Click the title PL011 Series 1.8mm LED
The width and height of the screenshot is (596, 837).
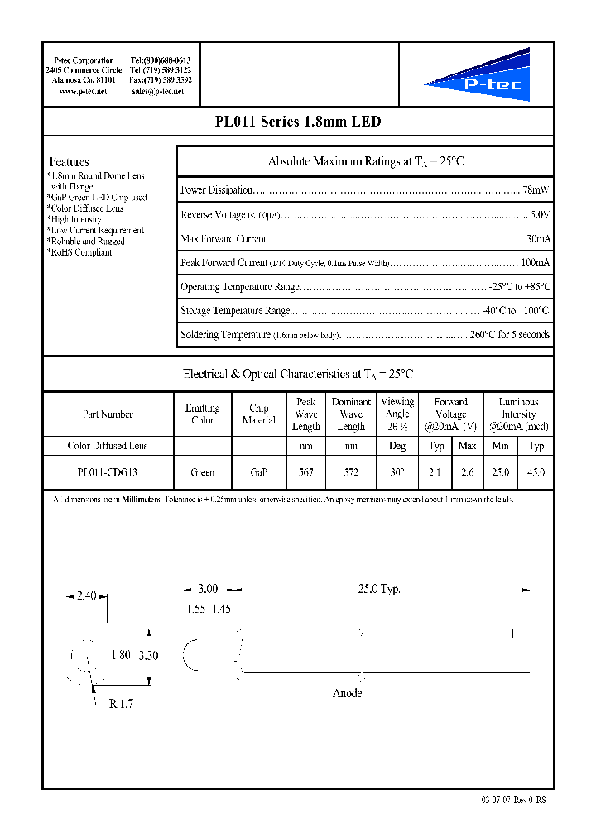(297, 122)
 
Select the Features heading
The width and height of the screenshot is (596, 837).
(69, 162)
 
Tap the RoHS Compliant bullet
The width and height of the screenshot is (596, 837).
(79, 252)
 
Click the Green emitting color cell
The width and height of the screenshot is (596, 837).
(202, 472)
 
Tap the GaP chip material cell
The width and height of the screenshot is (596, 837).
(258, 472)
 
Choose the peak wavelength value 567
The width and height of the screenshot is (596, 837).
(306, 472)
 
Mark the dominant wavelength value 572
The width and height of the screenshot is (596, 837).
(351, 472)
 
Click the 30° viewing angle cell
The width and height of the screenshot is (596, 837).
(397, 472)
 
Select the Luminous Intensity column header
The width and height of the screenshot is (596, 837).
(519, 414)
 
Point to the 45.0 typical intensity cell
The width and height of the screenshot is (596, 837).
(536, 472)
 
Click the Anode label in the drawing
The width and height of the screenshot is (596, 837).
(347, 693)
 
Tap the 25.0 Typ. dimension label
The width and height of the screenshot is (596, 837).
(379, 589)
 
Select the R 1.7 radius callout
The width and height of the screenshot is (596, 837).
(121, 705)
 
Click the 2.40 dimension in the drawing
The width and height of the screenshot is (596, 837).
(86, 595)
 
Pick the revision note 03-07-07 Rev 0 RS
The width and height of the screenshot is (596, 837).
(513, 800)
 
